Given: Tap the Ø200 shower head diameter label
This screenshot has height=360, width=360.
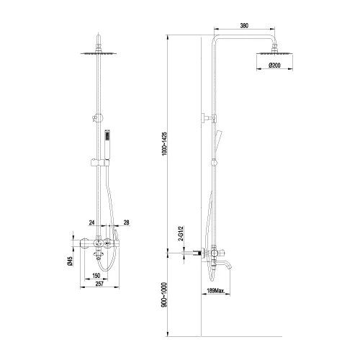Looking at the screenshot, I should pyautogui.click(x=274, y=66).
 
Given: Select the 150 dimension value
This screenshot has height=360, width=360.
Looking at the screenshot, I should pyautogui.click(x=96, y=275).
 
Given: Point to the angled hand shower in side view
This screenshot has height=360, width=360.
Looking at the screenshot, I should pyautogui.click(x=220, y=138).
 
